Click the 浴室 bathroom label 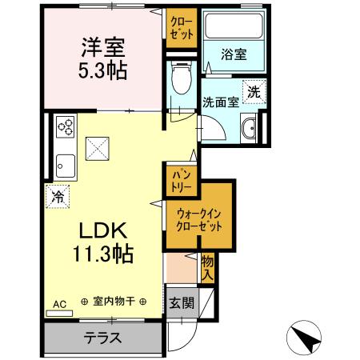[234, 54]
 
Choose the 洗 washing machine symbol [254, 91]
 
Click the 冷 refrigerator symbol [58, 194]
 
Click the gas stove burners [65, 126]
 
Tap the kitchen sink [64, 164]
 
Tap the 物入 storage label [207, 267]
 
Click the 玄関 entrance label [182, 303]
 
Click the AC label [60, 304]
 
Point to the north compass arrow [306, 337]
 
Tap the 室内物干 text [114, 302]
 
